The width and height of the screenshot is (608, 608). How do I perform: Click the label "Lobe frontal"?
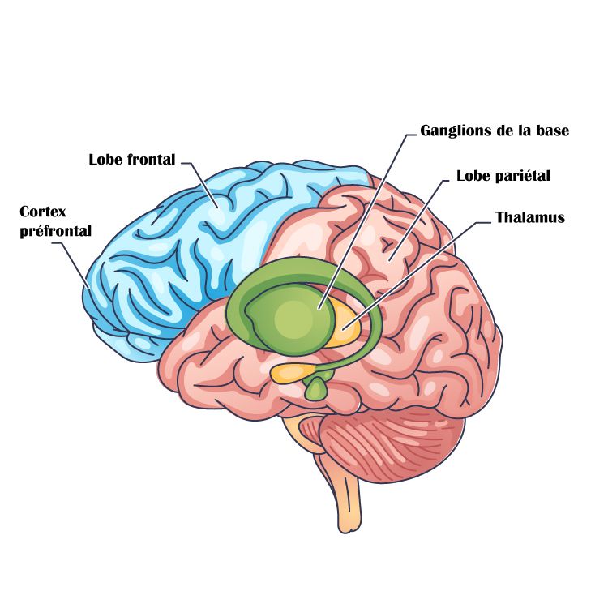tap(131, 159)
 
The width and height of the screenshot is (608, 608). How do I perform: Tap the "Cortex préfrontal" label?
tap(55, 221)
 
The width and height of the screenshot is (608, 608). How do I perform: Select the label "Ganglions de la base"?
tap(495, 131)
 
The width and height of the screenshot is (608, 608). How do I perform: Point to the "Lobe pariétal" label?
tap(503, 176)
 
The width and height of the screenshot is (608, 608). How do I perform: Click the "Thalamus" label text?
tap(529, 217)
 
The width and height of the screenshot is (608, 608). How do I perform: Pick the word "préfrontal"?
tap(55, 230)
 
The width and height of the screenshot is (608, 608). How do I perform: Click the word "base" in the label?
tap(552, 131)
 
